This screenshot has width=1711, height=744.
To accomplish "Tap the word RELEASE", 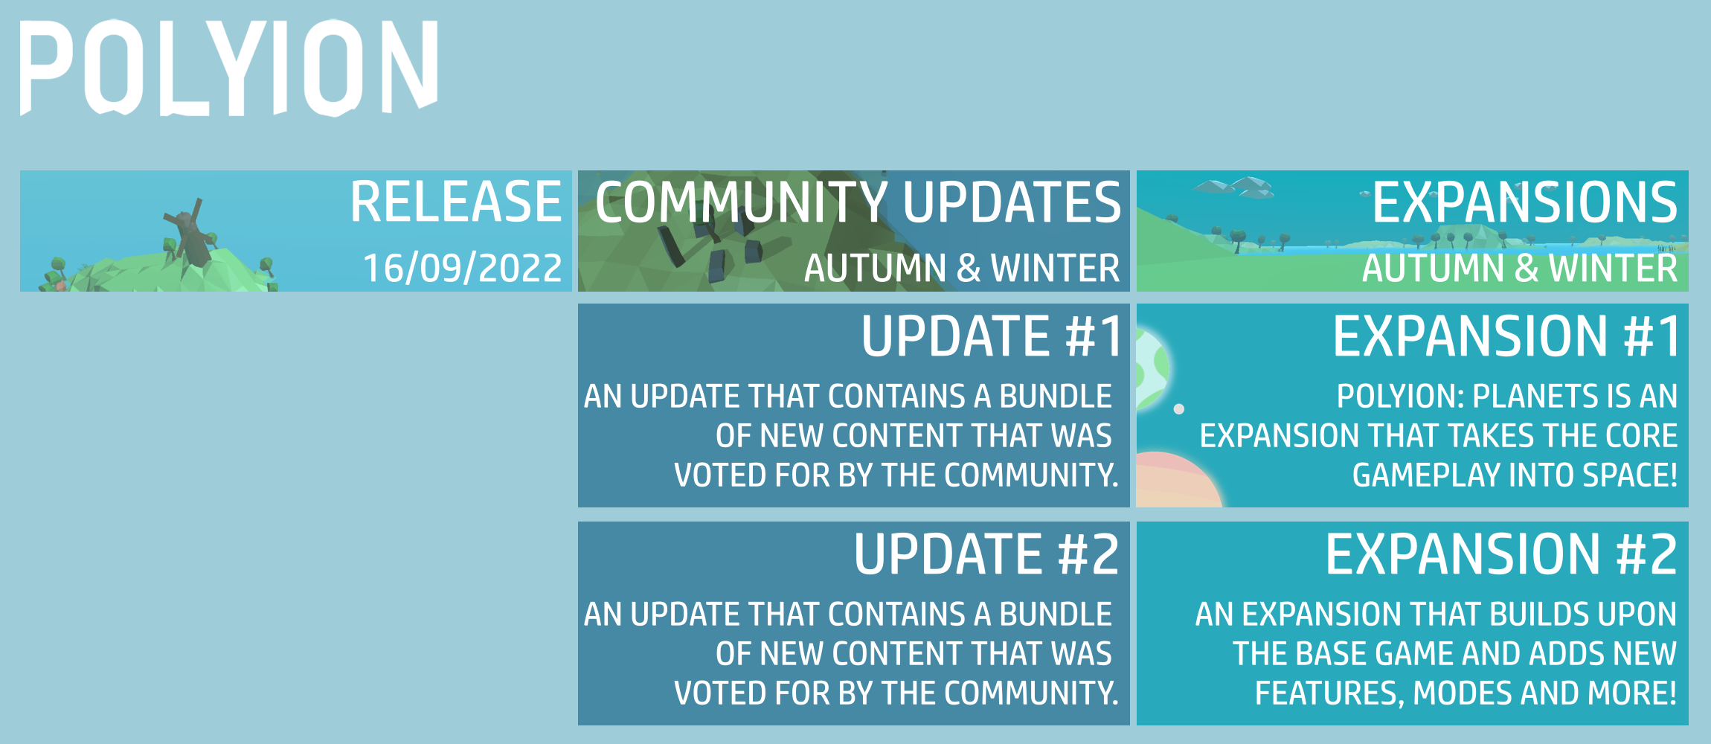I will point(455,202).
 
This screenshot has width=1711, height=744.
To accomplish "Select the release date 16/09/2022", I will point(462,268).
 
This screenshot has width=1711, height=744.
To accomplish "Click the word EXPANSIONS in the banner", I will point(1524,202).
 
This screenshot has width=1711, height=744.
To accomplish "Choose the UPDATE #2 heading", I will point(986,554).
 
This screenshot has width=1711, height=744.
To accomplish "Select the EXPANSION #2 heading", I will point(1500,554).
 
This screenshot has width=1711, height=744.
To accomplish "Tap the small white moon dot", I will point(1179,409).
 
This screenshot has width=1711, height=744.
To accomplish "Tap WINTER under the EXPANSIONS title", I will point(1613,269).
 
